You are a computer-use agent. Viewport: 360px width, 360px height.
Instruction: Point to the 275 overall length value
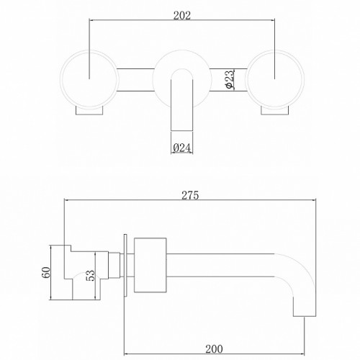click(190, 195)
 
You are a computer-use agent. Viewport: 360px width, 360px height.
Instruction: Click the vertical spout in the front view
click(181, 108)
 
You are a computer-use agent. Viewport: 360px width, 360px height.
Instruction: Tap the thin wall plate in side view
click(128, 264)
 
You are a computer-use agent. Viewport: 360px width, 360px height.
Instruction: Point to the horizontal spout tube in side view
click(230, 264)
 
